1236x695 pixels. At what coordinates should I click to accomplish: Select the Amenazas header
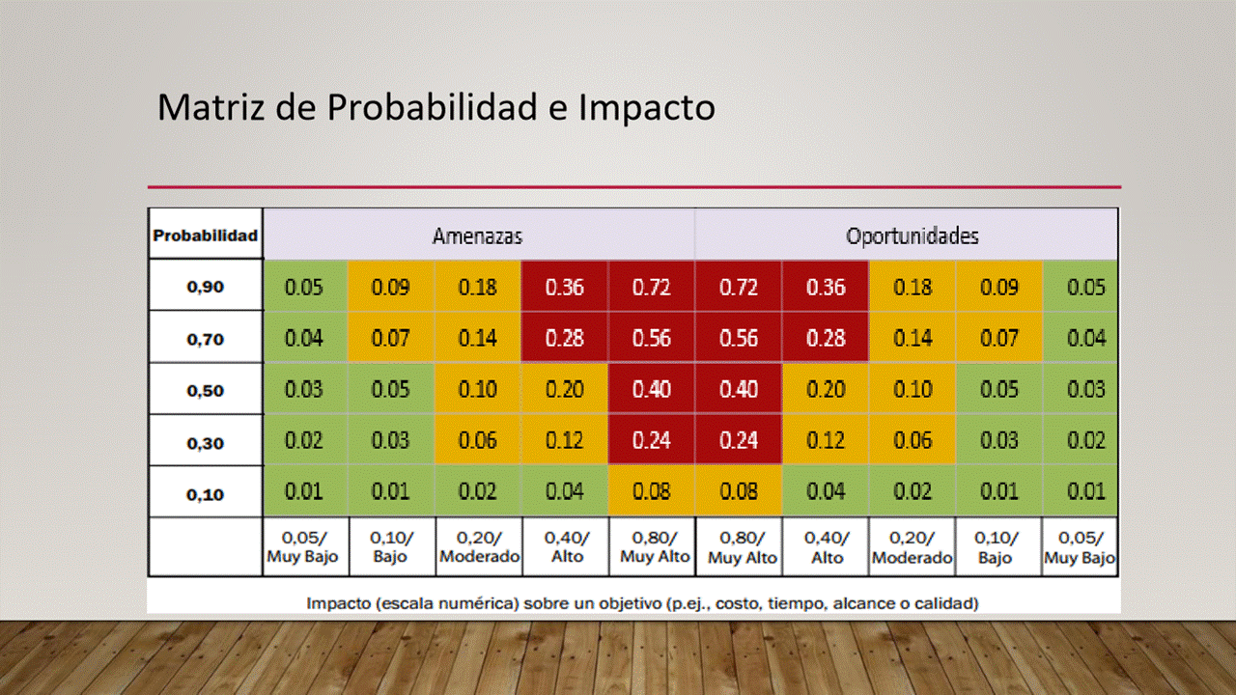pyautogui.click(x=477, y=236)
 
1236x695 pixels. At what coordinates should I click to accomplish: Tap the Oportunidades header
pyautogui.click(x=912, y=236)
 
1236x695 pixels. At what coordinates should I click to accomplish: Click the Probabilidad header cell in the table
pyautogui.click(x=206, y=235)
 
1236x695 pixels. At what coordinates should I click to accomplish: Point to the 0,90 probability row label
pyautogui.click(x=206, y=287)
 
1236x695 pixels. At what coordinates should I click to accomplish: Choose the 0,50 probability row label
pyautogui.click(x=206, y=391)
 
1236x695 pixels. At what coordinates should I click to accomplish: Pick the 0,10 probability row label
pyautogui.click(x=206, y=494)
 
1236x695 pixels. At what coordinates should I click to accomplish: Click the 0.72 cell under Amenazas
pyautogui.click(x=652, y=287)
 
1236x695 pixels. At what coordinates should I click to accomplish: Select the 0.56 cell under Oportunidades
pyautogui.click(x=739, y=339)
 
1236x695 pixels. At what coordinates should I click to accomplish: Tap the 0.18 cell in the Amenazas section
pyautogui.click(x=478, y=287)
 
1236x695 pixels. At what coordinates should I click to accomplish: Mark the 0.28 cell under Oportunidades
pyautogui.click(x=826, y=339)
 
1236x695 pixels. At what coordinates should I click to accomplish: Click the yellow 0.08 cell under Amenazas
pyautogui.click(x=652, y=491)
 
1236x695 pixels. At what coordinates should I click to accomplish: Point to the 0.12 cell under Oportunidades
pyautogui.click(x=826, y=441)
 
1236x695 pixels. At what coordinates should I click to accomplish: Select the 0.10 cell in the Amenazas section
pyautogui.click(x=478, y=390)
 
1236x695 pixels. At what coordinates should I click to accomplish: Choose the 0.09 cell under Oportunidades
pyautogui.click(x=999, y=287)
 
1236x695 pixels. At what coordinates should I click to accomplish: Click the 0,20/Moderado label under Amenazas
pyautogui.click(x=479, y=547)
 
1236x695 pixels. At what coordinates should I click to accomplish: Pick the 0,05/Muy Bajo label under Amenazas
pyautogui.click(x=304, y=547)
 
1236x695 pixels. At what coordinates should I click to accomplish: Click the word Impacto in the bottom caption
pyautogui.click(x=339, y=604)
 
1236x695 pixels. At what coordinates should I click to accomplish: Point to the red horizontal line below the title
pyautogui.click(x=633, y=186)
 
